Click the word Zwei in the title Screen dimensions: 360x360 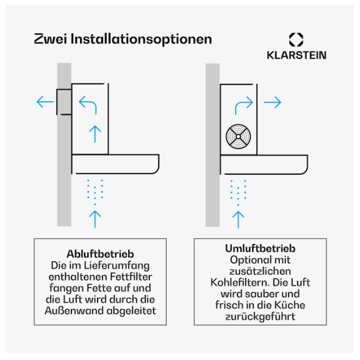click(x=50, y=39)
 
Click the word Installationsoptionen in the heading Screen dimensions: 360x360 click(x=141, y=40)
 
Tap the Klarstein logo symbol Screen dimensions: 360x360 click(x=296, y=40)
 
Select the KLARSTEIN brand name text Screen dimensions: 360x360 click(x=297, y=55)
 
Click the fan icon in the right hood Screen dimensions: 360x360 click(x=238, y=137)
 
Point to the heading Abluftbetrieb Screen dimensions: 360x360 click(x=100, y=254)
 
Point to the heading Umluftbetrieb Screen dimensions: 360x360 click(x=260, y=249)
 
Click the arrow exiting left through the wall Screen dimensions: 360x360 click(x=45, y=102)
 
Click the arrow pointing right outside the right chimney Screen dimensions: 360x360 click(x=272, y=102)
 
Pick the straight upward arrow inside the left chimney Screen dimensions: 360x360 click(x=95, y=134)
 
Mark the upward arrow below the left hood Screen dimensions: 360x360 click(x=95, y=219)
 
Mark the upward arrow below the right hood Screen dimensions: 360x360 click(x=238, y=219)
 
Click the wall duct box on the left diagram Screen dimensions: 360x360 click(x=64, y=102)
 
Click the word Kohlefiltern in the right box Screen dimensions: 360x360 click(x=240, y=282)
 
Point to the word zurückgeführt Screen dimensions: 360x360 click(x=260, y=316)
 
